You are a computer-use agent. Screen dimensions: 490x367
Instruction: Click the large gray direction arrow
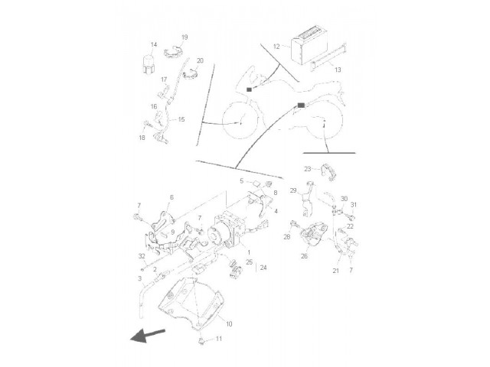tap(147, 336)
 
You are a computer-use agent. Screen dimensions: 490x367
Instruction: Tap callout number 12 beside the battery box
tap(276, 47)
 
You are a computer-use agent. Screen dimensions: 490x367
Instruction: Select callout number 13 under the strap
tap(338, 70)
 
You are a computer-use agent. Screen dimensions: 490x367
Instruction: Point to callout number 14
tap(153, 44)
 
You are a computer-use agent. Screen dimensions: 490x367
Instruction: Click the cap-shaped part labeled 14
tap(148, 64)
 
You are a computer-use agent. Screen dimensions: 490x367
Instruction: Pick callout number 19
tap(185, 37)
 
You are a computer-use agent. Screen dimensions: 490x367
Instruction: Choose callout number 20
tap(200, 60)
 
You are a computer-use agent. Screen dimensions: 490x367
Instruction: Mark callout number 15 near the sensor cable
tap(181, 119)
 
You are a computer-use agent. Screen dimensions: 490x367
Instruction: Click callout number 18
tap(142, 138)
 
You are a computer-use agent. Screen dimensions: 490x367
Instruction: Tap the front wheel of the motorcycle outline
tap(240, 119)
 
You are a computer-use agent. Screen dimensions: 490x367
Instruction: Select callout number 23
tap(308, 169)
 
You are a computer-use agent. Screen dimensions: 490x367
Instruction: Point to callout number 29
tap(293, 190)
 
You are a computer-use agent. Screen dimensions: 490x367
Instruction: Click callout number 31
tap(354, 205)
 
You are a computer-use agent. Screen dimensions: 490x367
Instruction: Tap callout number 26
tap(304, 256)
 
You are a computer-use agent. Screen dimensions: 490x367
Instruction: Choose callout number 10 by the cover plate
tap(229, 324)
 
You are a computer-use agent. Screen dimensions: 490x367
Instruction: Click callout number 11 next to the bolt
tap(219, 339)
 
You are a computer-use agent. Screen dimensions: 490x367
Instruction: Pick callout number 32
tap(142, 256)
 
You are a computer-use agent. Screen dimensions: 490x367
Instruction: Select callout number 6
tap(171, 197)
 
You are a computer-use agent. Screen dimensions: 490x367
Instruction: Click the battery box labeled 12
tap(309, 50)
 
